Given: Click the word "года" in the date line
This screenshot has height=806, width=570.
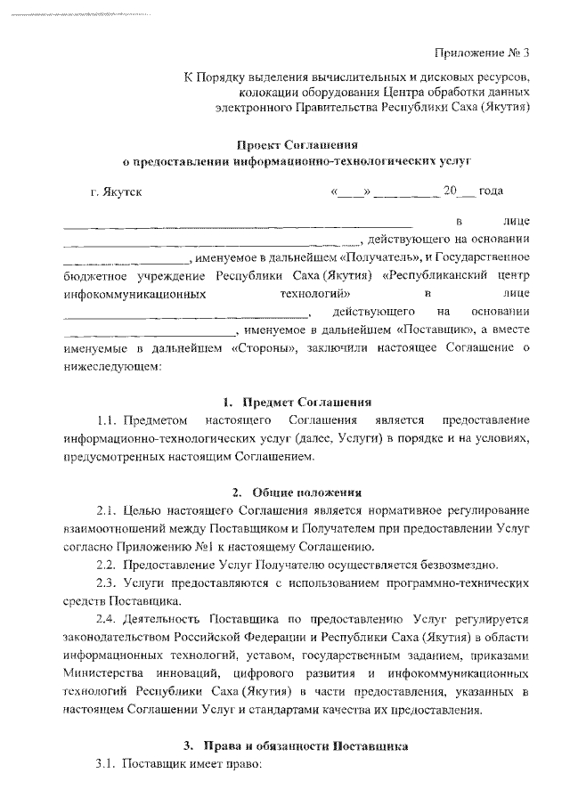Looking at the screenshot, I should [x=491, y=191].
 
